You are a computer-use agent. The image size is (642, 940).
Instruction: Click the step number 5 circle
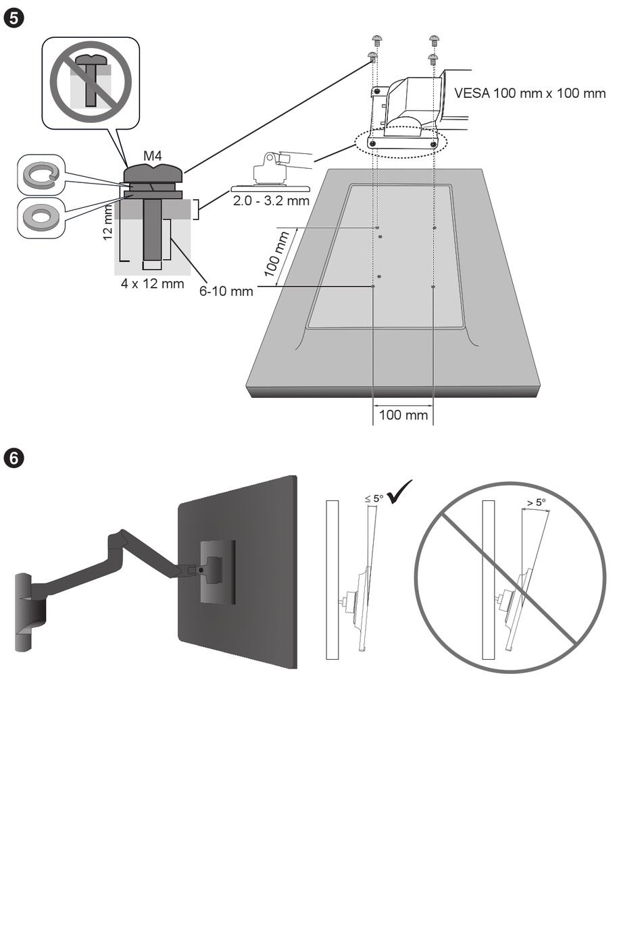tap(14, 17)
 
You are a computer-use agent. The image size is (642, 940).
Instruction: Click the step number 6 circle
tap(14, 458)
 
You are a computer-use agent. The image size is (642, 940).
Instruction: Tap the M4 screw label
tap(153, 156)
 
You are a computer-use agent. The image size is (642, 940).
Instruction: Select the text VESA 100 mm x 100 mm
tap(530, 93)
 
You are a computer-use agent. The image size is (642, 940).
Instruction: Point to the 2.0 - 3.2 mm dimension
tap(271, 201)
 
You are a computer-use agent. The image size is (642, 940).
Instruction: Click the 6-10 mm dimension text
tap(226, 292)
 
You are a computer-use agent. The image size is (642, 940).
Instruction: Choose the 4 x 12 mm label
tap(152, 284)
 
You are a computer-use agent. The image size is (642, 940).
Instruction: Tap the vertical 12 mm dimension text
tap(107, 224)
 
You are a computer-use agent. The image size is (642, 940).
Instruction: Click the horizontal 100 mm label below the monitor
tap(403, 415)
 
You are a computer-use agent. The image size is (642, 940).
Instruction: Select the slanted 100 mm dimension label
tap(276, 253)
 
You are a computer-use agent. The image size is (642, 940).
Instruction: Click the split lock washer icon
tap(41, 176)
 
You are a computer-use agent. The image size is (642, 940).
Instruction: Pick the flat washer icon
tap(41, 217)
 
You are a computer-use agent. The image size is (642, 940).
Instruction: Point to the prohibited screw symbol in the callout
tap(91, 82)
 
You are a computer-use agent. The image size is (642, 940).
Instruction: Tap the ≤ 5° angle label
tap(374, 498)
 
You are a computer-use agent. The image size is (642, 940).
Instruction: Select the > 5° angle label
tap(535, 502)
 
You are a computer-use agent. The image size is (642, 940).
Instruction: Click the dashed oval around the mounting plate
tap(401, 142)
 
